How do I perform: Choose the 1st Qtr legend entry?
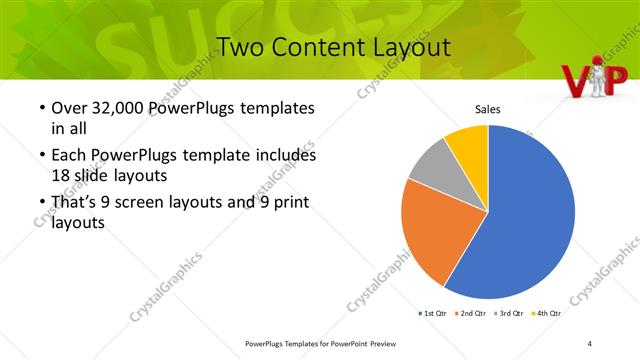coord(435,313)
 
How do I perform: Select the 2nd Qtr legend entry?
coord(473,313)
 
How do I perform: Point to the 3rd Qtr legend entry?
coord(511,313)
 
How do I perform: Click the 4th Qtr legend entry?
coord(548,313)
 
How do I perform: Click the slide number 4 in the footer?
coord(590,343)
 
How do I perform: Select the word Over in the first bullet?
coord(67,108)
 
